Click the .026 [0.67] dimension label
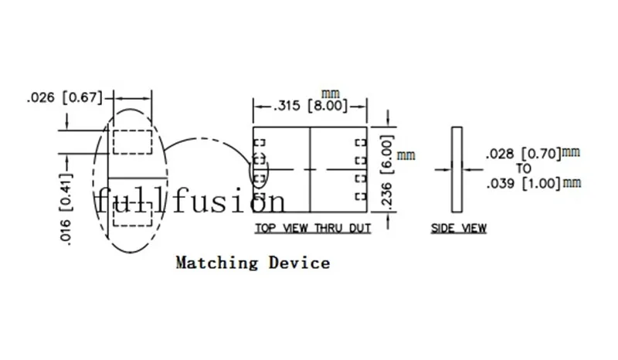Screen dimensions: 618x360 tap(65, 97)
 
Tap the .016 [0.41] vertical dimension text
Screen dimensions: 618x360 tap(66, 209)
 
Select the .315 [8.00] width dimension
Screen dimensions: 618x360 tap(311, 106)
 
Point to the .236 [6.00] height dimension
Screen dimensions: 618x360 tap(388, 172)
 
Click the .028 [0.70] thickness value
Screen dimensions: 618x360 tap(524, 154)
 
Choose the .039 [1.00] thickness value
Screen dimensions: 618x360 tap(524, 183)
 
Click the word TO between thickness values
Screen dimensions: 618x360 tap(524, 168)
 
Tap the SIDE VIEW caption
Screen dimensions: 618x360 tap(458, 228)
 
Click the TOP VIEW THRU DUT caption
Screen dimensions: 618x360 tap(313, 228)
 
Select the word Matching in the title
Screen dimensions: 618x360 tap(217, 263)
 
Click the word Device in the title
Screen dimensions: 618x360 tap(300, 263)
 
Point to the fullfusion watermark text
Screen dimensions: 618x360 tap(191, 200)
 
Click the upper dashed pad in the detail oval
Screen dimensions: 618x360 tap(132, 142)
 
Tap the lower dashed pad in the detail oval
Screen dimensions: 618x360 tap(132, 215)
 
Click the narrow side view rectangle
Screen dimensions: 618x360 tap(457, 169)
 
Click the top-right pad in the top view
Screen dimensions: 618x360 tap(361, 142)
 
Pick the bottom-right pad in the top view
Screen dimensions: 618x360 tap(361, 196)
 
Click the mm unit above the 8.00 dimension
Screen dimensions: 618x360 tap(331, 93)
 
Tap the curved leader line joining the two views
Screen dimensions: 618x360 tap(205, 138)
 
